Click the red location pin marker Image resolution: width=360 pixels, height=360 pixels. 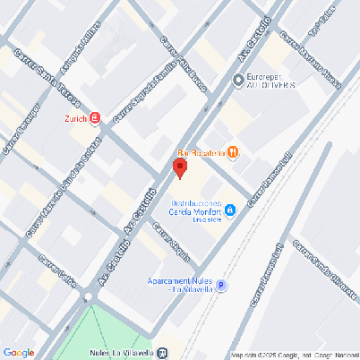click(180, 167)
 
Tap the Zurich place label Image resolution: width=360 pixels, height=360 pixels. click(75, 117)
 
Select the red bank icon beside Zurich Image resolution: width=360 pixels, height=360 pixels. click(96, 118)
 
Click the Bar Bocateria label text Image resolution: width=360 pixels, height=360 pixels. click(201, 152)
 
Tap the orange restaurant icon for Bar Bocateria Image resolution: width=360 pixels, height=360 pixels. click(233, 152)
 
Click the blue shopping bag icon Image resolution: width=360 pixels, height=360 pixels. click(230, 210)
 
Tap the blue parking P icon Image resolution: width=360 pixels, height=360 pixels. click(220, 286)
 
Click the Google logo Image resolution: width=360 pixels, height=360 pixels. click(19, 353)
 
